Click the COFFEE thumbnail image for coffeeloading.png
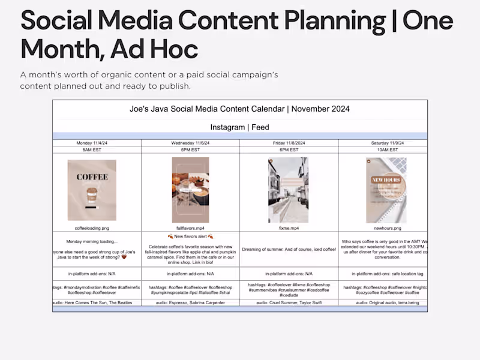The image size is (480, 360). [92, 190]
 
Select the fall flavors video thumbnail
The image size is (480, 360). [190, 190]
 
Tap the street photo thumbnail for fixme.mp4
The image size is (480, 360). [288, 190]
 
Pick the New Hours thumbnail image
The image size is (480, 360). [386, 190]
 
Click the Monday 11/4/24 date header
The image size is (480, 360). [97, 143]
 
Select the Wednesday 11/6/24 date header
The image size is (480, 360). [190, 143]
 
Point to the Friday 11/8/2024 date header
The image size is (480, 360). [289, 143]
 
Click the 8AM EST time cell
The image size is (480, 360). [97, 149]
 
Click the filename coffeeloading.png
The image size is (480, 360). [92, 228]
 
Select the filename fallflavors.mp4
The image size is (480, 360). [190, 228]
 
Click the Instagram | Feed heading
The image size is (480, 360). [239, 127]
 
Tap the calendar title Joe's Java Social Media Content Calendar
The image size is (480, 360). [239, 109]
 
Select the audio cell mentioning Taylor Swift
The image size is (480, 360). [289, 303]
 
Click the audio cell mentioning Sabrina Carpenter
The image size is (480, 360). [190, 303]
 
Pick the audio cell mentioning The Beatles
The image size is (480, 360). [97, 303]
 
